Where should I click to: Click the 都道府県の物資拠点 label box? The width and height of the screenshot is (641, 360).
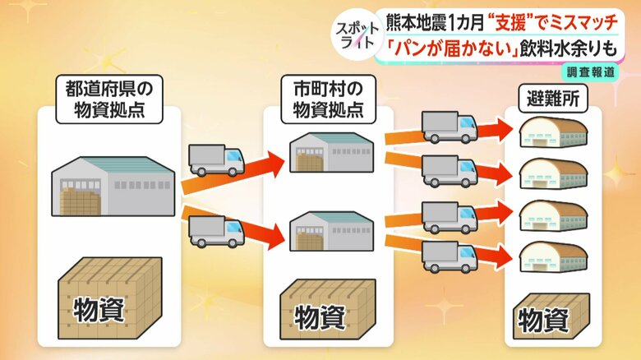coord(109,99)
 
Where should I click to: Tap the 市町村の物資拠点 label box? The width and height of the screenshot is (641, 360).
coord(328,99)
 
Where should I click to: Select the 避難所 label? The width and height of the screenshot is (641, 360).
coord(553,99)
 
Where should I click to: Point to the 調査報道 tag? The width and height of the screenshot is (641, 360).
coord(591,72)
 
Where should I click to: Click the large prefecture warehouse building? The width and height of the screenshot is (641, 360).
coord(113,186)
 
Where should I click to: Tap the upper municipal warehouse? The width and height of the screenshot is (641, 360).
coord(331,152)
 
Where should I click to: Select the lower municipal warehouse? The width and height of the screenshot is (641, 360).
coord(331,231)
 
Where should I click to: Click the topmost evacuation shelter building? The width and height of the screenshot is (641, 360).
coord(554,132)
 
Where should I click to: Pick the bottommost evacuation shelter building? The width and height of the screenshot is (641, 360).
coord(554,256)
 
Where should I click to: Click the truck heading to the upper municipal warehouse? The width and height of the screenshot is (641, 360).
coord(216,160)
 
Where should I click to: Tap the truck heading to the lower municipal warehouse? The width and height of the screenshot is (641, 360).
coord(216,232)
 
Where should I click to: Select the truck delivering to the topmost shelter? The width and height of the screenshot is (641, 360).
coord(450,127)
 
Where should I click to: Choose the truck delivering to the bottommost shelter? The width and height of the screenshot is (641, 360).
coord(450,257)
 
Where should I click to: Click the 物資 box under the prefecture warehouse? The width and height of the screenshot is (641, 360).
coord(110,298)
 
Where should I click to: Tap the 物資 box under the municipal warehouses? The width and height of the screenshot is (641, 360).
coord(328,310)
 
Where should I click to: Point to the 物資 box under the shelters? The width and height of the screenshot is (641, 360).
coord(551,316)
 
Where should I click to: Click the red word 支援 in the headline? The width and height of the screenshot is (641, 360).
coord(510,22)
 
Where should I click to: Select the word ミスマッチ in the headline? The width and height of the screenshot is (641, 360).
coord(583,22)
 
